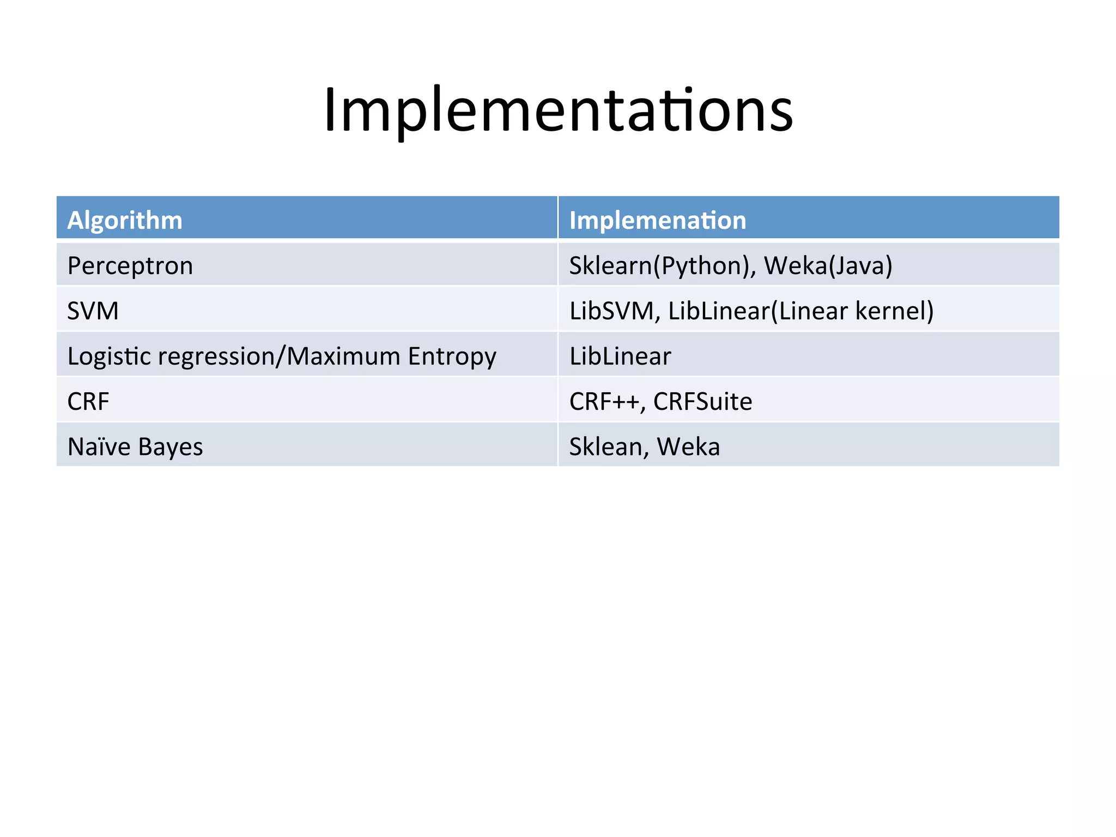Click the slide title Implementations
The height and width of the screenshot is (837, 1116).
tap(558, 111)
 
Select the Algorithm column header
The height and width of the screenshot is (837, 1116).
tap(125, 221)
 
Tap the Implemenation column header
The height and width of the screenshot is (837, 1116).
tap(658, 221)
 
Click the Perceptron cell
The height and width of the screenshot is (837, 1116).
tap(130, 266)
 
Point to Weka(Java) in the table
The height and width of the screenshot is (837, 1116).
tap(828, 266)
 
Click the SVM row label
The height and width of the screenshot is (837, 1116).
tap(93, 311)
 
